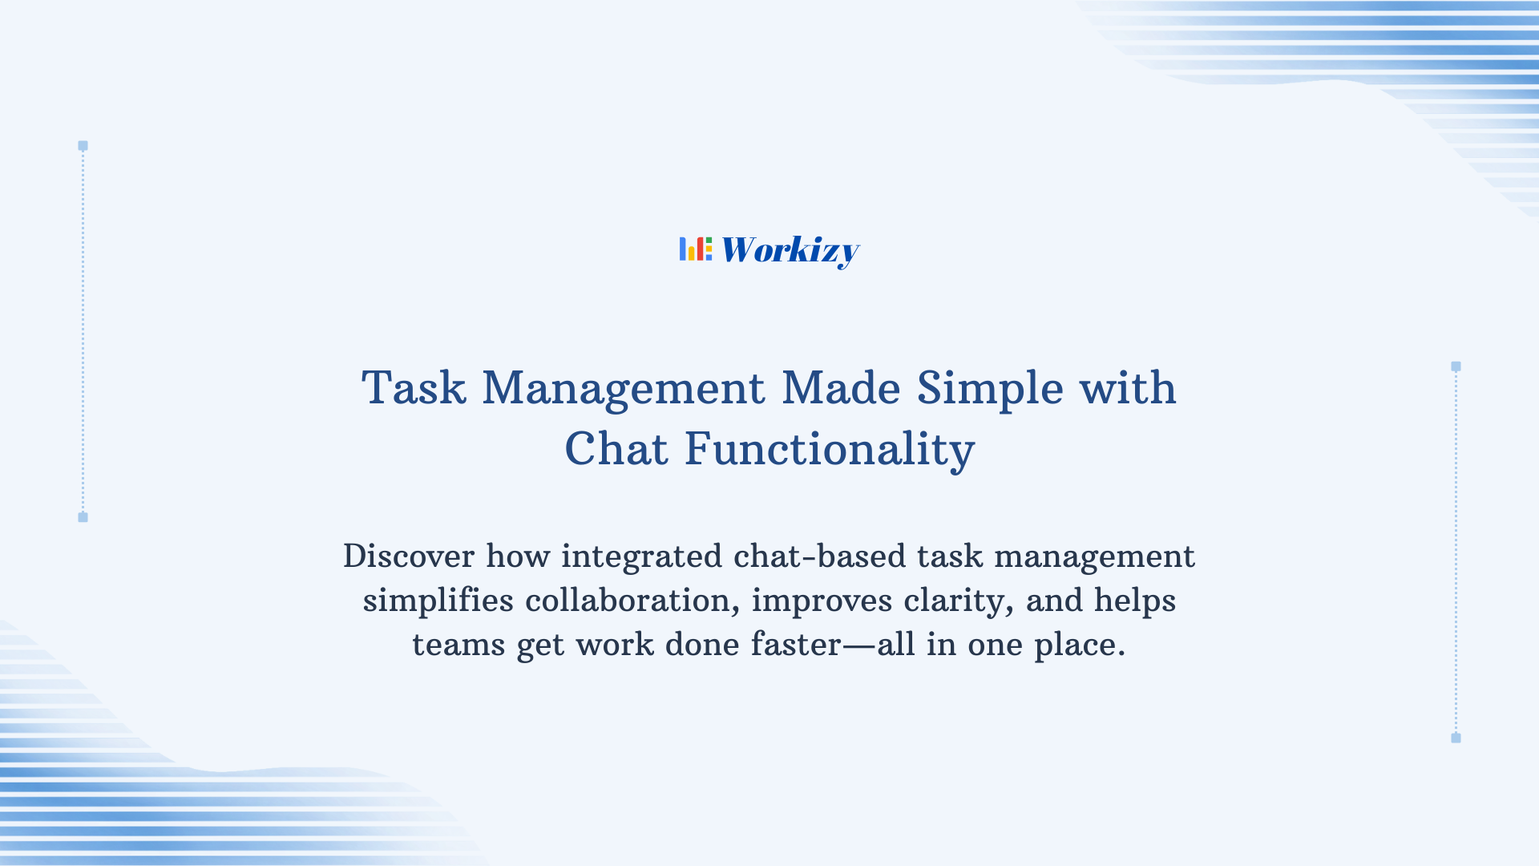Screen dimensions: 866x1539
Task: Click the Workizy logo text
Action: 790,250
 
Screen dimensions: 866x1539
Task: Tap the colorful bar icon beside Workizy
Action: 695,249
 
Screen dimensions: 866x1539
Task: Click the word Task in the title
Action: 414,388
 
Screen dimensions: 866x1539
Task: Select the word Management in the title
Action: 623,388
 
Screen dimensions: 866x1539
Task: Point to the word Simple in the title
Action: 990,388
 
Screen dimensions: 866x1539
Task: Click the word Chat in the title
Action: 616,449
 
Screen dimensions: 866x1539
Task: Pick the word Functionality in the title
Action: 829,449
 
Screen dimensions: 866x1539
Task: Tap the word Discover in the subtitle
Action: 409,556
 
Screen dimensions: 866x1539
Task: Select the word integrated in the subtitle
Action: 641,556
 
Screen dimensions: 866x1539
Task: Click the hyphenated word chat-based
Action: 819,556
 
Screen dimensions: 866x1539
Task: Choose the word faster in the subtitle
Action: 795,645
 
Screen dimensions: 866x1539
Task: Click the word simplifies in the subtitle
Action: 438,601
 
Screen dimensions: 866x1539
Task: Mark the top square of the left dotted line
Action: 83,146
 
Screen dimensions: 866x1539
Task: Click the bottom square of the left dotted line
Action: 83,517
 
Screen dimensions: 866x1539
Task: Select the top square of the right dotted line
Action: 1456,366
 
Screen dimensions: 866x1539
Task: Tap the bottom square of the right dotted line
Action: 1456,738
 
